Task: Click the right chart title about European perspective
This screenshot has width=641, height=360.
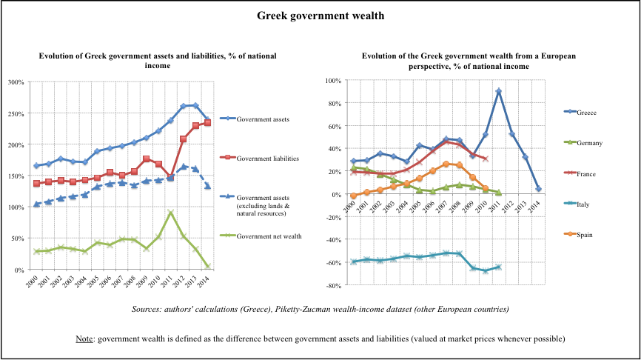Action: point(469,61)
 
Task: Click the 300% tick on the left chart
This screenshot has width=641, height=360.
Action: point(16,81)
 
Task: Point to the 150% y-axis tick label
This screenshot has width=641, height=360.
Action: point(16,176)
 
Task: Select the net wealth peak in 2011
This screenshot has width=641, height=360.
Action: point(171,213)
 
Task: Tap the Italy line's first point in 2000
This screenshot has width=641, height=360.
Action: point(354,261)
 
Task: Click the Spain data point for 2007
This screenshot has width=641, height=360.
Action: point(446,164)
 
